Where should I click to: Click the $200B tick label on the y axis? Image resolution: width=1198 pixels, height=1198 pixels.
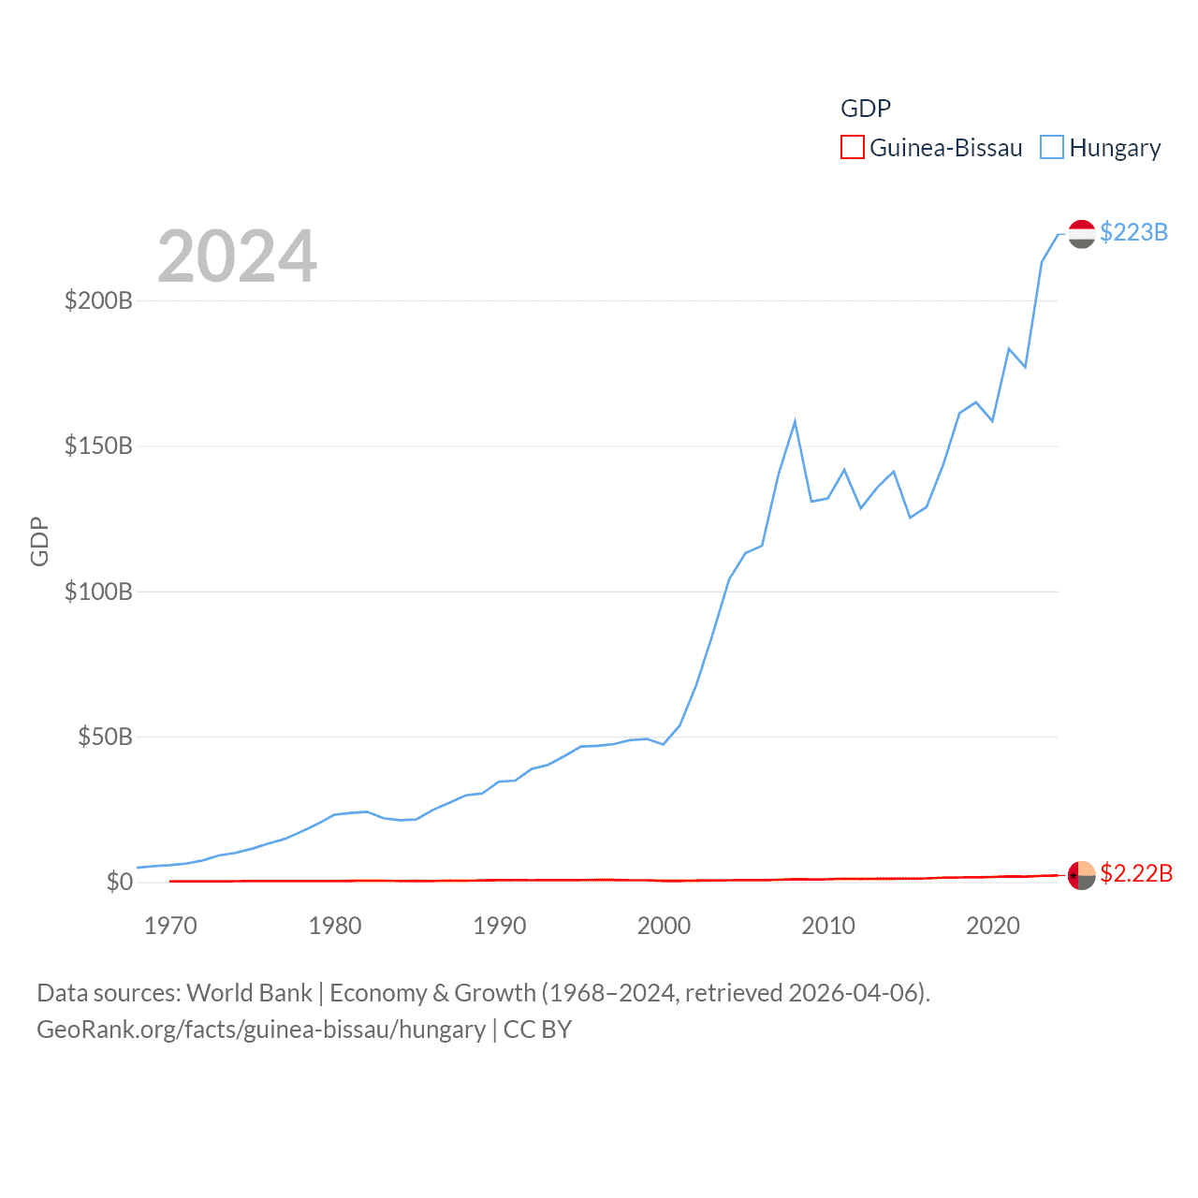click(98, 300)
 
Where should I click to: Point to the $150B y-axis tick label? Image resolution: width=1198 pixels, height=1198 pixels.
click(98, 446)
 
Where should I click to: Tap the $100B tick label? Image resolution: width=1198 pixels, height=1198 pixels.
click(98, 592)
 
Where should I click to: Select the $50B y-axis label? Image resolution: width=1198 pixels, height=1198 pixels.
click(105, 737)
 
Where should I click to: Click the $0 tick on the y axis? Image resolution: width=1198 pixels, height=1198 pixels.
click(120, 882)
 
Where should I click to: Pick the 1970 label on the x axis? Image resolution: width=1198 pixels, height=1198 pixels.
click(170, 926)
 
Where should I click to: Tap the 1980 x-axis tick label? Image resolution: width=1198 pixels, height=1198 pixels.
click(335, 926)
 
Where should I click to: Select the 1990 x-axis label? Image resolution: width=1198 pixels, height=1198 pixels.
click(500, 926)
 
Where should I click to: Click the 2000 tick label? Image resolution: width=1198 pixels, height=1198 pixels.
click(664, 926)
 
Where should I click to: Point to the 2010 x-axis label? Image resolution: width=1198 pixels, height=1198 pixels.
click(828, 926)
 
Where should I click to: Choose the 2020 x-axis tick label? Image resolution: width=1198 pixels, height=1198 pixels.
click(993, 926)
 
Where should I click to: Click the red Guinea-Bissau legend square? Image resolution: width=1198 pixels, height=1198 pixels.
click(852, 148)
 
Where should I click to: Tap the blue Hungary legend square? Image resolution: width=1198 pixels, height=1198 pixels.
click(1052, 148)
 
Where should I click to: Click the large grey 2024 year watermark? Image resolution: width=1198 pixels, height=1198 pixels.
click(237, 256)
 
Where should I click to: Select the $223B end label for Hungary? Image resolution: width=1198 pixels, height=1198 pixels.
click(1133, 232)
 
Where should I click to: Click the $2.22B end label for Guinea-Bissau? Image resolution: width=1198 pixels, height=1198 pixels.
click(1136, 873)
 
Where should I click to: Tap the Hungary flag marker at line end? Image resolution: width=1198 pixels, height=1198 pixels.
click(1081, 234)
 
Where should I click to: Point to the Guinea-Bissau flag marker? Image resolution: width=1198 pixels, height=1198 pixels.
click(1081, 875)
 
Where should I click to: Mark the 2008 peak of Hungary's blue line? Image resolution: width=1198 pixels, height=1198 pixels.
click(795, 422)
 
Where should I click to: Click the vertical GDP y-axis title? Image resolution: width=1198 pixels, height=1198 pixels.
click(39, 541)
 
